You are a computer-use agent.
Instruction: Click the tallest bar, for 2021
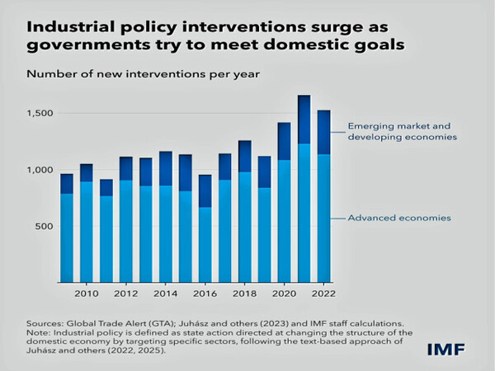pyautogui.click(x=304, y=190)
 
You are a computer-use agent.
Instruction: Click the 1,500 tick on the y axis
pyautogui.click(x=41, y=112)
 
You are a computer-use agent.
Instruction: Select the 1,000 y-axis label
pyautogui.click(x=41, y=170)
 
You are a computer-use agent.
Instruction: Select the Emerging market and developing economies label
pyautogui.click(x=402, y=130)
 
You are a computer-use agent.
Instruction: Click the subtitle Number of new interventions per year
pyautogui.click(x=144, y=74)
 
